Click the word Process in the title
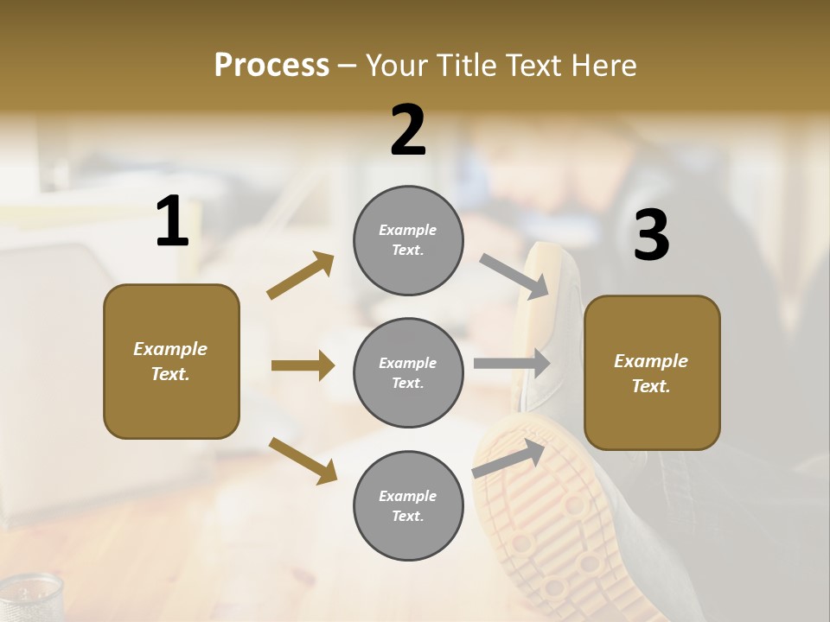(x=271, y=66)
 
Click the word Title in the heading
(x=463, y=66)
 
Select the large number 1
(x=172, y=222)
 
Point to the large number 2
(x=408, y=130)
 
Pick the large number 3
(x=651, y=236)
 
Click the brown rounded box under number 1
(x=171, y=361)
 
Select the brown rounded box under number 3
(x=652, y=372)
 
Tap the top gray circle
(x=408, y=240)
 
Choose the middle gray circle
(x=408, y=372)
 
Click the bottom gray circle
(x=408, y=505)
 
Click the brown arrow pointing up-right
(x=300, y=276)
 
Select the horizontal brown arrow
(x=303, y=365)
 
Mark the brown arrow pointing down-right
(x=303, y=460)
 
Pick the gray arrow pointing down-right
(x=514, y=276)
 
